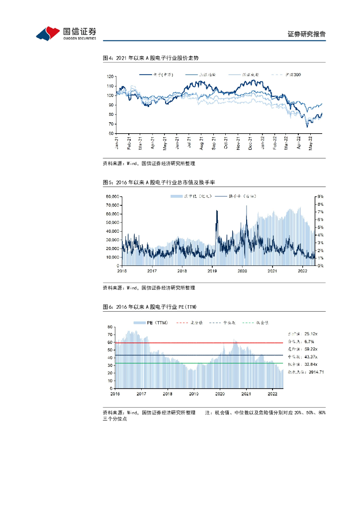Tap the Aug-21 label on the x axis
tap(201, 143)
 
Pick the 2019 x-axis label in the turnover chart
tap(212, 271)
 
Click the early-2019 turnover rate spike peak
tap(217, 211)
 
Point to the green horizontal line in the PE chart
tap(199, 363)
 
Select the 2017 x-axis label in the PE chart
tap(141, 393)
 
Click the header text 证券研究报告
tap(306, 34)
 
